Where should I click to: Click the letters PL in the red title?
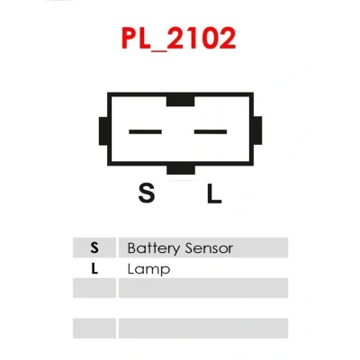(x=136, y=39)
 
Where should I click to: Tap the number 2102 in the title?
(x=202, y=39)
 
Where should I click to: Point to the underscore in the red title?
(x=158, y=50)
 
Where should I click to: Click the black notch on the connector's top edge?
(x=180, y=101)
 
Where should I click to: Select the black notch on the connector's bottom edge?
(x=181, y=169)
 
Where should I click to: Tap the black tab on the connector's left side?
(x=103, y=131)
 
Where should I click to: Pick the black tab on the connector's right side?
(x=257, y=130)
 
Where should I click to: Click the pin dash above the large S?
(x=145, y=131)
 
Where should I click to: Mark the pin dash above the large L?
(x=211, y=131)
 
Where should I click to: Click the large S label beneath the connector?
(x=147, y=193)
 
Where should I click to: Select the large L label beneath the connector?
(x=214, y=193)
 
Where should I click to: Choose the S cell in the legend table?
(x=94, y=247)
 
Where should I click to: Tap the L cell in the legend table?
(x=94, y=268)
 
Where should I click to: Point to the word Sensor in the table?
(x=209, y=248)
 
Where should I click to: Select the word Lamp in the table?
(x=148, y=269)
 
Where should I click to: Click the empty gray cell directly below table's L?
(x=94, y=288)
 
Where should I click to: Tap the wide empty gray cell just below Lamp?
(x=203, y=288)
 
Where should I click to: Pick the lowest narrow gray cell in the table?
(x=94, y=328)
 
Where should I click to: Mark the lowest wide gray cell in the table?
(x=203, y=328)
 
